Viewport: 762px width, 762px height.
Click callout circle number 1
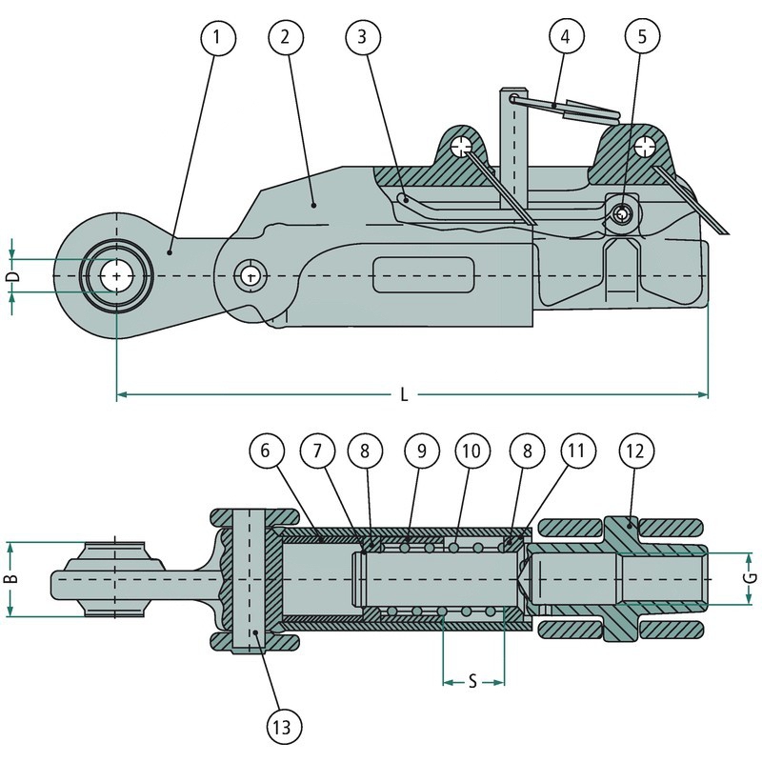tap(218, 38)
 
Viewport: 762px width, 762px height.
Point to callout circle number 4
tap(567, 38)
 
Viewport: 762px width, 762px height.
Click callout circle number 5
tap(641, 38)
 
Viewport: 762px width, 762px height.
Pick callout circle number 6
tap(267, 449)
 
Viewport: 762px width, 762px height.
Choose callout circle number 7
tap(318, 449)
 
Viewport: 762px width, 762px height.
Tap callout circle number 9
tap(420, 449)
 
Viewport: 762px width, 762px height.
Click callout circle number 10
tap(471, 449)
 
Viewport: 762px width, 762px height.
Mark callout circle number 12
tap(636, 449)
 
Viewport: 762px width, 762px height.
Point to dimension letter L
tap(405, 396)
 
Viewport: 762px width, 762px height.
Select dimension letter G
tap(750, 578)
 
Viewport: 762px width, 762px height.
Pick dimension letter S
tap(473, 682)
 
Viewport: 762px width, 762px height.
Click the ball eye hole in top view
tap(116, 275)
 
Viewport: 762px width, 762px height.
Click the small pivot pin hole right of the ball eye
tap(251, 276)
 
